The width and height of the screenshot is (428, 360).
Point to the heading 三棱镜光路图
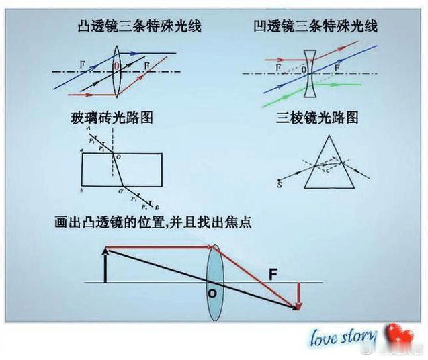point(317,118)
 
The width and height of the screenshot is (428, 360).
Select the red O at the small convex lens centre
point(116,66)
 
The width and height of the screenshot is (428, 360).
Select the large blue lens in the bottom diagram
point(214,283)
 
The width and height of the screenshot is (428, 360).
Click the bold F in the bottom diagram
point(273,274)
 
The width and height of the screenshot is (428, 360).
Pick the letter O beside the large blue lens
point(211,294)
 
